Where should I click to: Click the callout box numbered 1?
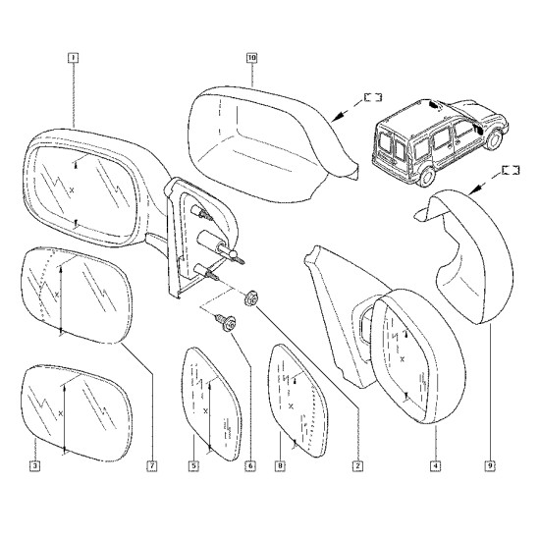pos(74,58)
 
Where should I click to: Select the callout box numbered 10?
pos(251,58)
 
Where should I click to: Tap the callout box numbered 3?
pos(34,466)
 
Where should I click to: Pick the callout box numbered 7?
pos(152,466)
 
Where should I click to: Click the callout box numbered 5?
pos(193,466)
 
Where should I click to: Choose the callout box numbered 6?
pos(250,466)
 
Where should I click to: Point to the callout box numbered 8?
pos(281,466)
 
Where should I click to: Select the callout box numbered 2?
pos(357,466)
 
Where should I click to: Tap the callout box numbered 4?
pos(435,466)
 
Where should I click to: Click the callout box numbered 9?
pos(490,466)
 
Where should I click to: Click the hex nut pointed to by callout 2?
pos(250,298)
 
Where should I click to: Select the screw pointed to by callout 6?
pos(226,323)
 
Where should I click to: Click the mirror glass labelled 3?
pos(77,413)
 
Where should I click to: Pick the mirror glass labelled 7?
pos(77,296)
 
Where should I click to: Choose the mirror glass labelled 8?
pos(297,401)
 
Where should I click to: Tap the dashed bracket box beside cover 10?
pos(373,97)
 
